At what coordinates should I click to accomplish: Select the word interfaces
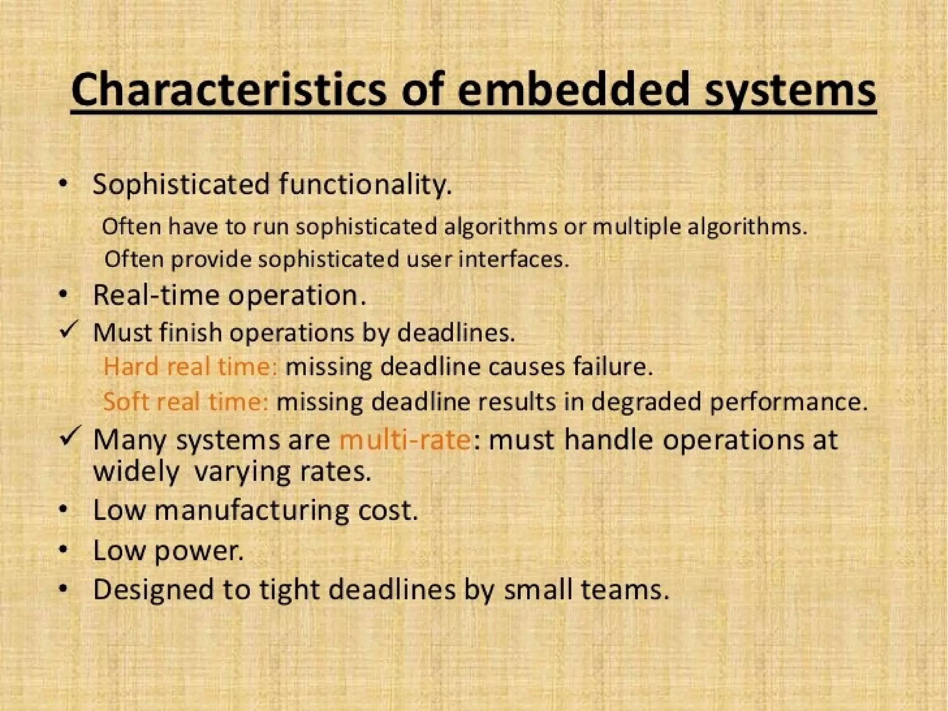[513, 259]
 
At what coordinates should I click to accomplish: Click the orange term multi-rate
[405, 439]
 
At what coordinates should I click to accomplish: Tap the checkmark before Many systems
[70, 436]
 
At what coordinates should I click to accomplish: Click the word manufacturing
[252, 510]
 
